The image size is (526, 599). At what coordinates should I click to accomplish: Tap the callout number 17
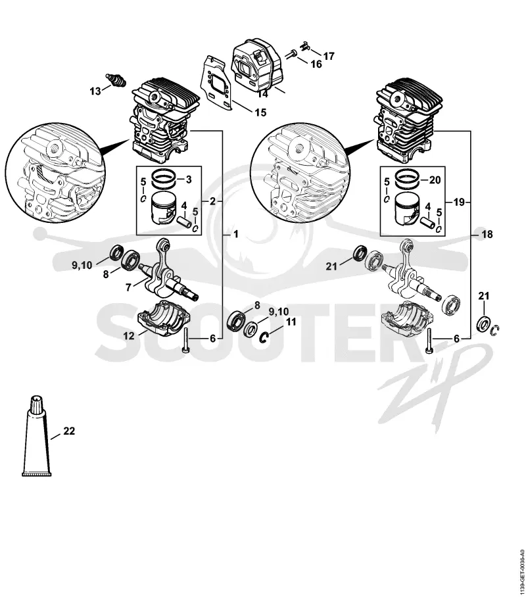[329, 57]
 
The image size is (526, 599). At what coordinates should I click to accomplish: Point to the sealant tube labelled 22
[37, 436]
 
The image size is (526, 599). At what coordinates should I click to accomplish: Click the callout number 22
[69, 431]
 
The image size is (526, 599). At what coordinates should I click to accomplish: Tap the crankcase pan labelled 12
[164, 320]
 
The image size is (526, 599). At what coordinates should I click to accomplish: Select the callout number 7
[128, 287]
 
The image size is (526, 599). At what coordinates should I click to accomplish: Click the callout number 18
[487, 234]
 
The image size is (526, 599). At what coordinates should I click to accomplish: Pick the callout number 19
[459, 202]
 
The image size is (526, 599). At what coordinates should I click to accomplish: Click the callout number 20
[435, 180]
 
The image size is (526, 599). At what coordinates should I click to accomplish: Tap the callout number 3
[188, 180]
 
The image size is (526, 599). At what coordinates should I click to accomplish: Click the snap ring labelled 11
[264, 337]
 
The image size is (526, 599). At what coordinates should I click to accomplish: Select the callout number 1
[235, 234]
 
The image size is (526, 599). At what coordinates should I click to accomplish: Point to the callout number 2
[213, 201]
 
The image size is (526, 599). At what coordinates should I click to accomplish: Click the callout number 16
[316, 64]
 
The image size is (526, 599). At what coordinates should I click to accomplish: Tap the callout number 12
[129, 336]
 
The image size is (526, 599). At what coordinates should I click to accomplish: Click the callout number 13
[95, 91]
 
